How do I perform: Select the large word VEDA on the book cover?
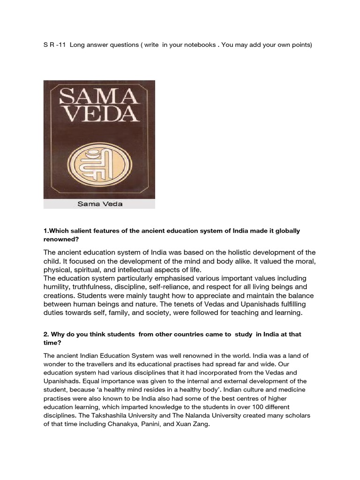click(x=99, y=116)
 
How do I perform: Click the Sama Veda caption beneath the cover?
click(x=99, y=204)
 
